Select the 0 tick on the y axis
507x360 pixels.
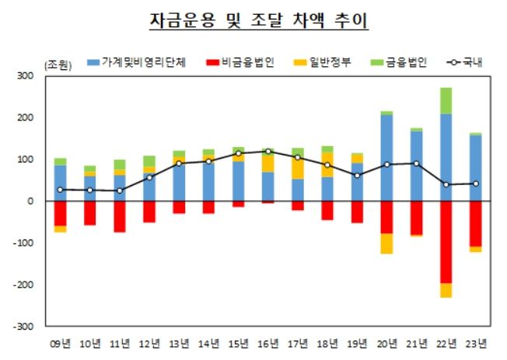(30, 201)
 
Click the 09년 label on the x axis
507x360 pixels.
(60, 342)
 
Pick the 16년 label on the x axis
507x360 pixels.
(267, 342)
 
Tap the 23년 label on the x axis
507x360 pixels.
(475, 342)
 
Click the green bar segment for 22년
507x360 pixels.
(446, 100)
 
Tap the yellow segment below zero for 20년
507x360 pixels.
(386, 243)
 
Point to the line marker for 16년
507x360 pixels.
(267, 152)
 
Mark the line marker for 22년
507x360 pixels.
(446, 184)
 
